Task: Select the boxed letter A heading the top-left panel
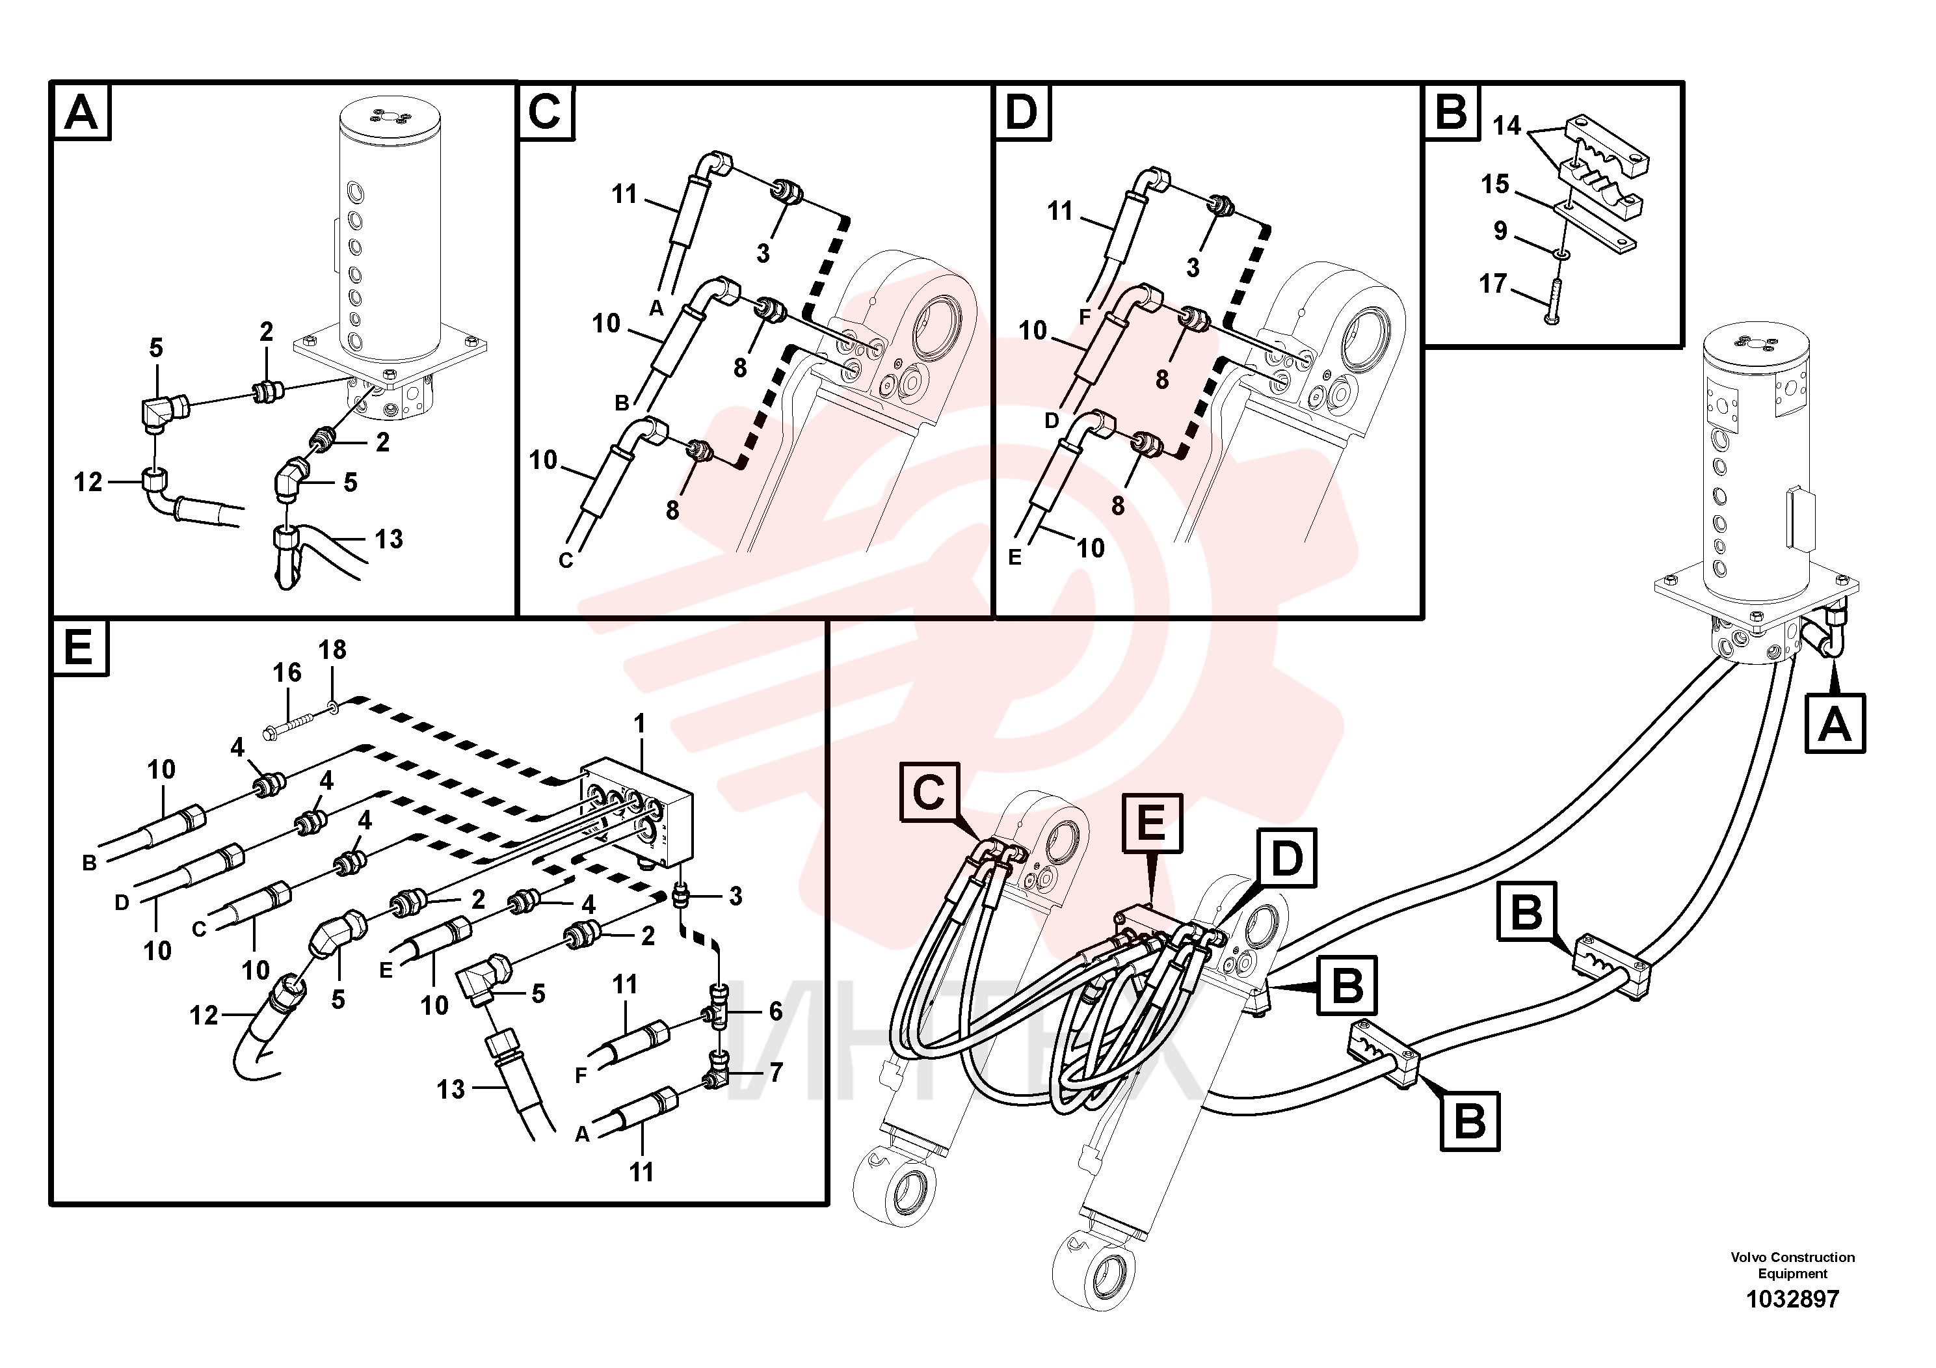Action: [x=82, y=112]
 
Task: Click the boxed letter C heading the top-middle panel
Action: [x=546, y=112]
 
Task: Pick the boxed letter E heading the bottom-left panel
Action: [x=79, y=649]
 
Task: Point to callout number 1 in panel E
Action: [x=640, y=723]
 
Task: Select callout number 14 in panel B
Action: [x=1506, y=126]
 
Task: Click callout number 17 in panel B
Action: [x=1492, y=284]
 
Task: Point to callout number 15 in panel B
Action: [x=1495, y=184]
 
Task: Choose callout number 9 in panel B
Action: [x=1500, y=230]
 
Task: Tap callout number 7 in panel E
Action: [x=776, y=1072]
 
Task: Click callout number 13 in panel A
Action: [x=389, y=538]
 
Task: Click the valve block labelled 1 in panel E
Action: [x=637, y=811]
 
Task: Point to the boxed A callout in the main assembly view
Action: [x=1835, y=723]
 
